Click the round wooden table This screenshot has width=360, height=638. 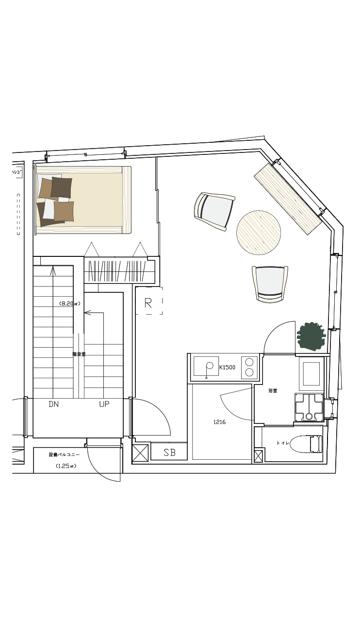[259, 233]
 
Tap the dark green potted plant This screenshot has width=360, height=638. [310, 336]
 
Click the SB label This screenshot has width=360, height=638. [169, 453]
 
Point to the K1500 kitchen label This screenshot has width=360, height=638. [227, 367]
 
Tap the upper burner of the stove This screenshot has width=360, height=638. [249, 361]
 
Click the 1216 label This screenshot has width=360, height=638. [219, 422]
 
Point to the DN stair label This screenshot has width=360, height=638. [54, 404]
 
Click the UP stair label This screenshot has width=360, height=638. [104, 404]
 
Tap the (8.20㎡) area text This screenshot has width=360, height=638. [69, 303]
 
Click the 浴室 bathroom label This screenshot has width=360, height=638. [272, 390]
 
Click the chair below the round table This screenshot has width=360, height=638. [270, 284]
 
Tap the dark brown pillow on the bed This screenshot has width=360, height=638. [62, 187]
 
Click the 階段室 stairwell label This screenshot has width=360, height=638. [79, 354]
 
